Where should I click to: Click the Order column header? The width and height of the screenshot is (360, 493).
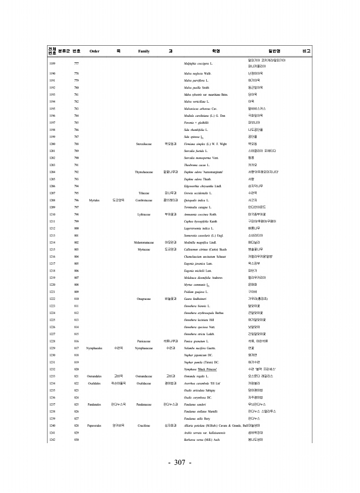[x=94, y=51]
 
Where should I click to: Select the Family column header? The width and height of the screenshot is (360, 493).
[x=144, y=51]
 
